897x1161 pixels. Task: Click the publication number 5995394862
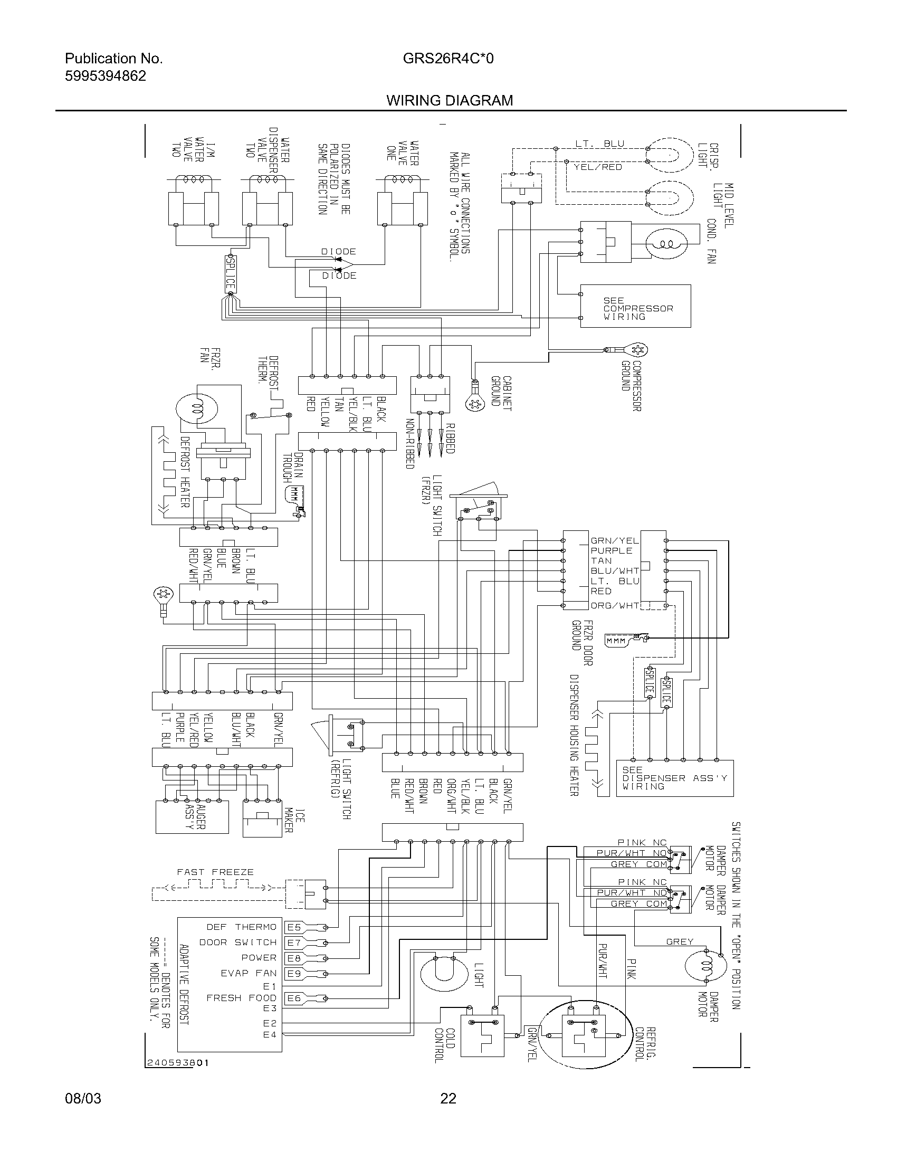(x=105, y=76)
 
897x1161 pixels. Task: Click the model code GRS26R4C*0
(x=448, y=58)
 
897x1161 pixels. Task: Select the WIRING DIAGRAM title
(x=450, y=100)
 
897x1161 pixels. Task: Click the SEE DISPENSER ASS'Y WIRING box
(x=674, y=778)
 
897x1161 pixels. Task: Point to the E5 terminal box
(x=294, y=927)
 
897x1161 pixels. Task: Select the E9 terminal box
(x=294, y=973)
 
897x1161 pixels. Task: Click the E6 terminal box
(x=294, y=998)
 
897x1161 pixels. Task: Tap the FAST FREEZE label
(x=215, y=872)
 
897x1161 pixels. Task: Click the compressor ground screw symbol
(x=638, y=349)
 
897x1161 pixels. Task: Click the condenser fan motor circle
(x=666, y=244)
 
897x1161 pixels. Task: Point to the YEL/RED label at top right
(x=597, y=167)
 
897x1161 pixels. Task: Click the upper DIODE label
(x=338, y=251)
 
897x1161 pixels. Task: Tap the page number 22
(x=448, y=1098)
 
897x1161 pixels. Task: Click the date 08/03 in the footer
(x=83, y=1098)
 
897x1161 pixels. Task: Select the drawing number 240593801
(x=177, y=1063)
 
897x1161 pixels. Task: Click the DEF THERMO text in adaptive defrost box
(x=241, y=927)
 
